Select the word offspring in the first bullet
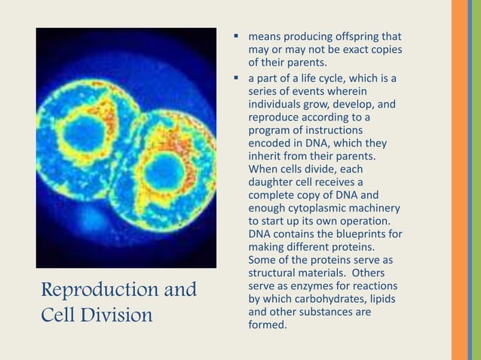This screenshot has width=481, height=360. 347,36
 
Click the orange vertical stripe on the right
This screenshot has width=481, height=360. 460,180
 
